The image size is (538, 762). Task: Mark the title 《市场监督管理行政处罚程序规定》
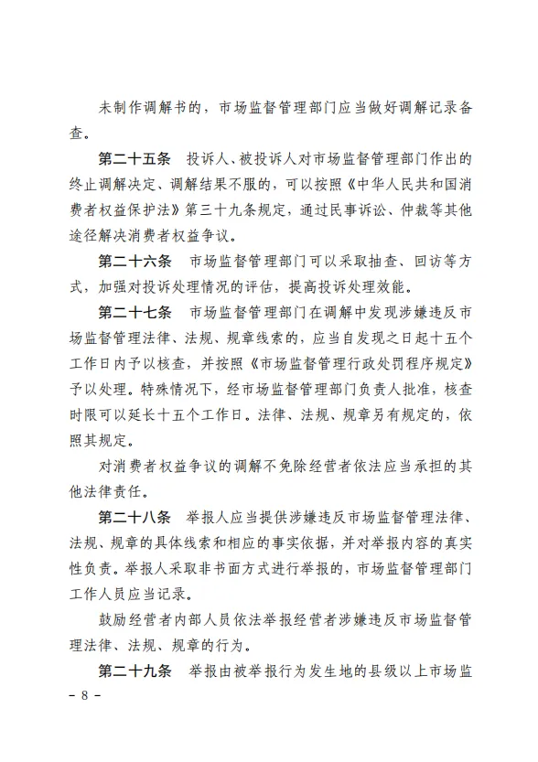[x=350, y=365]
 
